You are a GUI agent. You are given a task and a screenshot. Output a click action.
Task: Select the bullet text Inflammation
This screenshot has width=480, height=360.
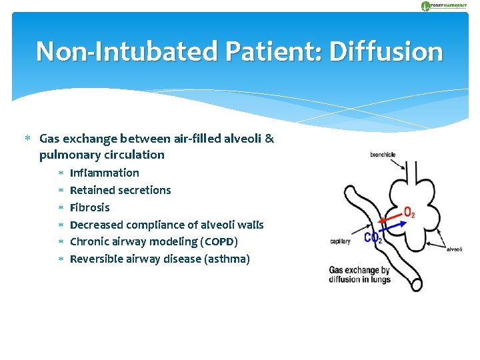pos(104,173)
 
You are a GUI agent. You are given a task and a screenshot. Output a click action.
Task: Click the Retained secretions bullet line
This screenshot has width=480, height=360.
pos(120,190)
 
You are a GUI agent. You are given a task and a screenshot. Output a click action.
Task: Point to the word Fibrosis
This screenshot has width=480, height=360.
pos(89,207)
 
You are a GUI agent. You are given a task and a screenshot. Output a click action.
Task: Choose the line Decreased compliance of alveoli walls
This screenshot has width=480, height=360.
pos(167,225)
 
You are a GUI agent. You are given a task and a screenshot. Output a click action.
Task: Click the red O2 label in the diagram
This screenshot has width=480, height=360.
pos(409,213)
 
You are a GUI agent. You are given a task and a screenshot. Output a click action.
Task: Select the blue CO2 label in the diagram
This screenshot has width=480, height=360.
pos(373,238)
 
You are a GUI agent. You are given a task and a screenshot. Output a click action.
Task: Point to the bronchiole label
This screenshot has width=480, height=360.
pos(383,155)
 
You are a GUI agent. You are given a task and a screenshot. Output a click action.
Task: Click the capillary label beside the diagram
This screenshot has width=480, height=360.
pos(340,241)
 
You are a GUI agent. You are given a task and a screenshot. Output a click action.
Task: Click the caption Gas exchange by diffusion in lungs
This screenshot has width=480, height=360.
pos(359,275)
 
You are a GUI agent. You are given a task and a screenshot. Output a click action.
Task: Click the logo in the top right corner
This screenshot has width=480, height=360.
pos(444,6)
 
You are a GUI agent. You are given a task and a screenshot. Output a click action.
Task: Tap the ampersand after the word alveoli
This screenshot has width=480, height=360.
pos(269,139)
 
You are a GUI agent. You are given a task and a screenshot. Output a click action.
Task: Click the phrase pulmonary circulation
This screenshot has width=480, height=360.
pos(101,155)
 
